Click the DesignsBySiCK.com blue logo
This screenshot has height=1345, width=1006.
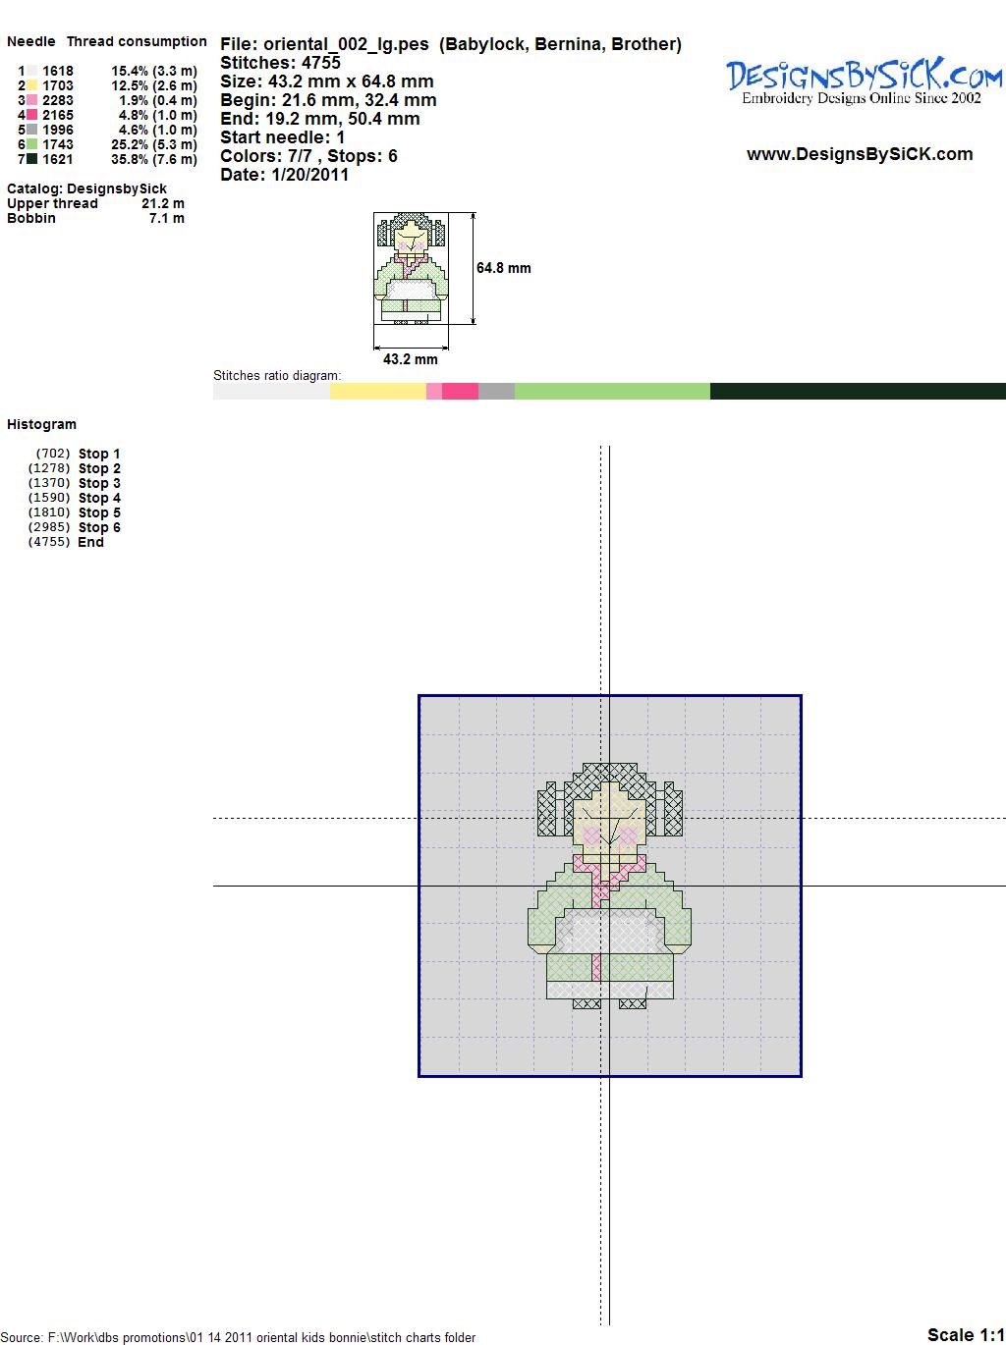(864, 81)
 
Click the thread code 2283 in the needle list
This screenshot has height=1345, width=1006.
(58, 100)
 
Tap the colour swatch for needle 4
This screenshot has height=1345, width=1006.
(31, 115)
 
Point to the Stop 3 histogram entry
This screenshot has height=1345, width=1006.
(99, 483)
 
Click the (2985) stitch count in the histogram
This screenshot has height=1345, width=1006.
(49, 527)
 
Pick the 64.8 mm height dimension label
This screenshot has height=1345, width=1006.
(503, 268)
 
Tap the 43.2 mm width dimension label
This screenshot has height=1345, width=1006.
(410, 359)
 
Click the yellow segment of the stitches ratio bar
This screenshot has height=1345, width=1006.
(377, 391)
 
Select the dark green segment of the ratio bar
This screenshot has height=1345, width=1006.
(858, 391)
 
